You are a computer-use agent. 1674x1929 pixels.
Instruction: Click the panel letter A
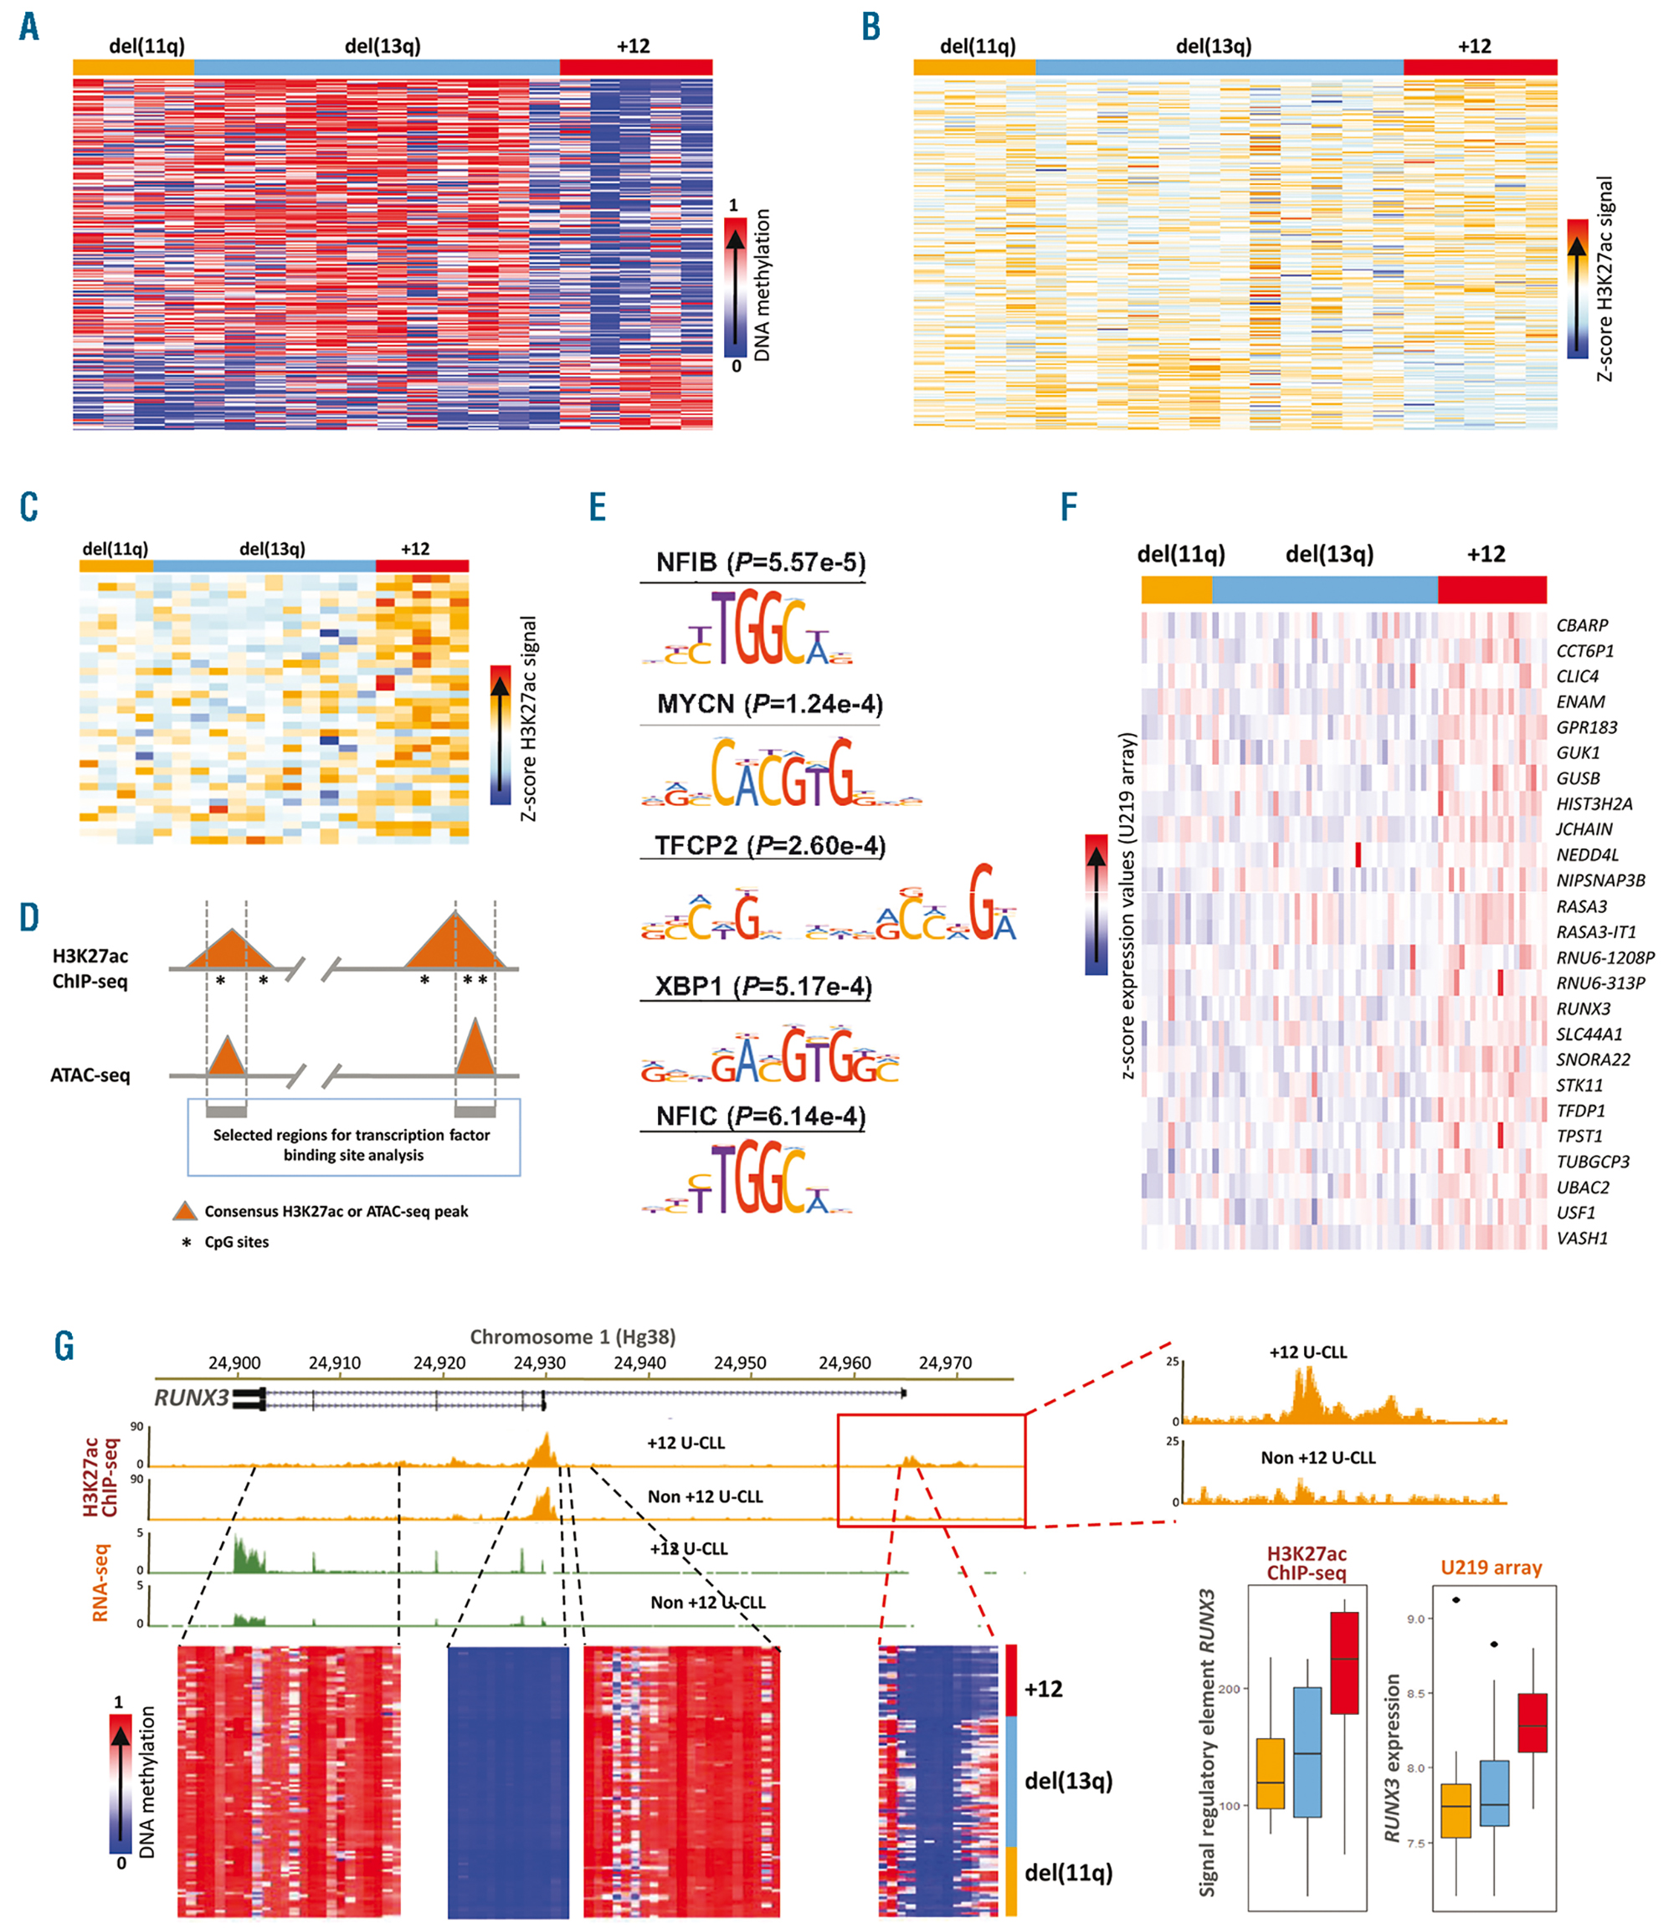tap(29, 26)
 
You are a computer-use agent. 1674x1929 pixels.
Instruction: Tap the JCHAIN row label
tap(1584, 829)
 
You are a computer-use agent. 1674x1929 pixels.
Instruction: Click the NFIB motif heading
tap(760, 562)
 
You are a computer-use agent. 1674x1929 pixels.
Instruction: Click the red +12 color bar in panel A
tap(635, 67)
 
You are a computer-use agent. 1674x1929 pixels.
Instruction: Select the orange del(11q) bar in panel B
tap(974, 67)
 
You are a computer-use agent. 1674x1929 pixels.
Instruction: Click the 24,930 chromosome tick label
tap(539, 1363)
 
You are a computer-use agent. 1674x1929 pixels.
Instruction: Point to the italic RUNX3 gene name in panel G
tap(191, 1398)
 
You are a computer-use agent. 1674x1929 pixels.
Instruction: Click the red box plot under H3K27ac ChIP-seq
tap(1344, 1663)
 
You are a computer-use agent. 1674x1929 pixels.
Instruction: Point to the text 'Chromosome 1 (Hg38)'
tap(572, 1336)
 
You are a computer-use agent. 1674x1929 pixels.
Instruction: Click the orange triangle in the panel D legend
tap(185, 1211)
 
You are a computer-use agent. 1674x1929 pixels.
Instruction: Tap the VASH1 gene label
tap(1582, 1238)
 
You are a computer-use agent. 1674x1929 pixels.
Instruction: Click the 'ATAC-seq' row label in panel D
tap(90, 1075)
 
